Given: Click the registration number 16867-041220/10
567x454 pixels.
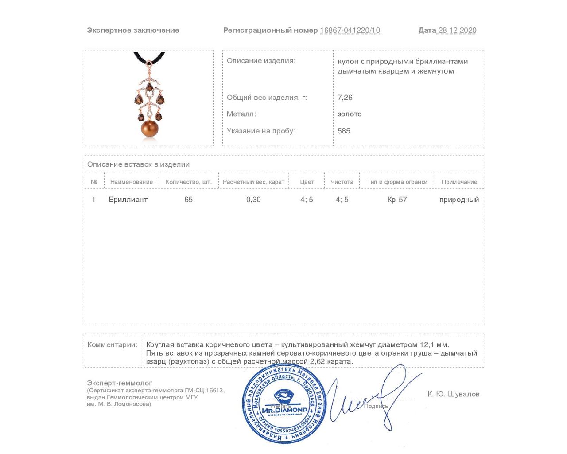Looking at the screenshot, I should point(350,31).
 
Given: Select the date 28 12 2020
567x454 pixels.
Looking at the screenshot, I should point(457,31).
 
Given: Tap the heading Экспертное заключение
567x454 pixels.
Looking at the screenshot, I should point(133,31).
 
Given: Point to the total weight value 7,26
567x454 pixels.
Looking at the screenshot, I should point(345,98).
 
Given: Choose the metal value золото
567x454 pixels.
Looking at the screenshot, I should point(350,114).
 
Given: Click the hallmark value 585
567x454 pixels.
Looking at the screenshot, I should point(344,131).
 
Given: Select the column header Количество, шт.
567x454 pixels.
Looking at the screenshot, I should point(189,182).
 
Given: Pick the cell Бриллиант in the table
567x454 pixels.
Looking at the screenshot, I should point(128,200).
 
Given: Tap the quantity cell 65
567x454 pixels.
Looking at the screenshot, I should point(188,200).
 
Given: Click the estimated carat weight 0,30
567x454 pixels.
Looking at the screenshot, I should point(253,200).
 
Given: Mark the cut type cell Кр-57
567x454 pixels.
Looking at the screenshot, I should point(397,200).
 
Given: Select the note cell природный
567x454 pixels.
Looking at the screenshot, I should point(459,200).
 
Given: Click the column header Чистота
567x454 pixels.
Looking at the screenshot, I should point(342,182).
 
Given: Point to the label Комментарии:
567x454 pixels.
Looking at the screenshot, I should point(113,345).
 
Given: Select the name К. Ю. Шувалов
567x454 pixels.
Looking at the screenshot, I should point(453,394).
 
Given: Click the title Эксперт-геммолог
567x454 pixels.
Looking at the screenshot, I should point(120,383).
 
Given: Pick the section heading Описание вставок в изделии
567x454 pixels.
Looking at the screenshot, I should point(138,164).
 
